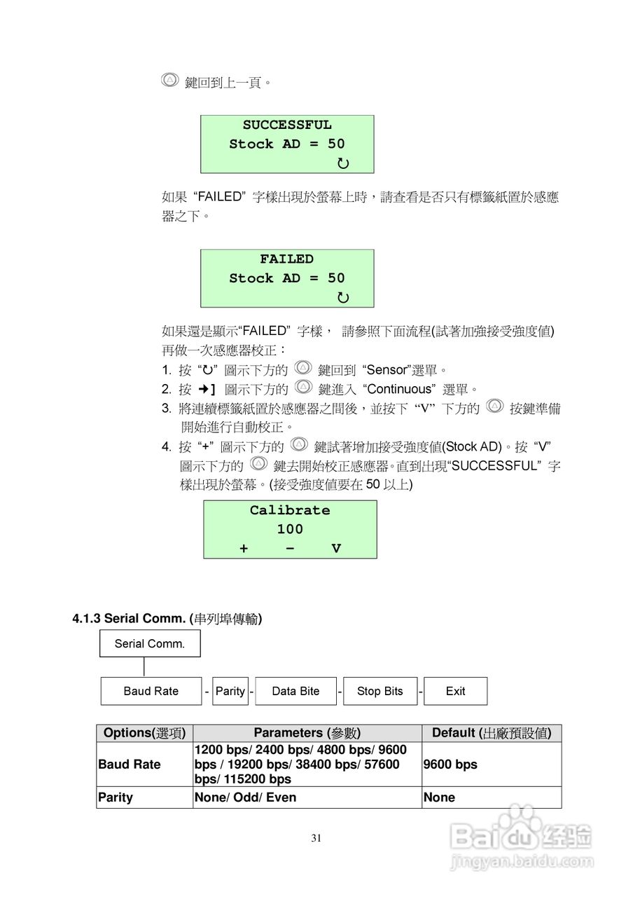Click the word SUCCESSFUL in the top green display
pyautogui.click(x=287, y=125)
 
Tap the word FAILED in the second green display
pyautogui.click(x=287, y=259)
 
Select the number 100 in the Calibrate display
pyautogui.click(x=290, y=530)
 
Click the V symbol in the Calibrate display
pyautogui.click(x=336, y=549)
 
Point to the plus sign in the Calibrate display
pyautogui.click(x=244, y=549)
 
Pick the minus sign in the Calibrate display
pyautogui.click(x=290, y=549)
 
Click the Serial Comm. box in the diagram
pyautogui.click(x=150, y=643)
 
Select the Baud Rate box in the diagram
pyautogui.click(x=151, y=691)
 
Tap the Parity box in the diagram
pyautogui.click(x=230, y=691)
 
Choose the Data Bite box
pyautogui.click(x=295, y=691)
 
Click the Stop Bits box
pyautogui.click(x=380, y=691)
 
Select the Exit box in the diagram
pyautogui.click(x=455, y=691)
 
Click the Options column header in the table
pyautogui.click(x=144, y=733)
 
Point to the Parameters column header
pyautogui.click(x=307, y=733)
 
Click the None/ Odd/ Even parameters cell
pyautogui.click(x=245, y=797)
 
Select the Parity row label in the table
pyautogui.click(x=116, y=797)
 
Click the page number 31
pyautogui.click(x=316, y=837)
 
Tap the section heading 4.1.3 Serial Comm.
pyautogui.click(x=167, y=619)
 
